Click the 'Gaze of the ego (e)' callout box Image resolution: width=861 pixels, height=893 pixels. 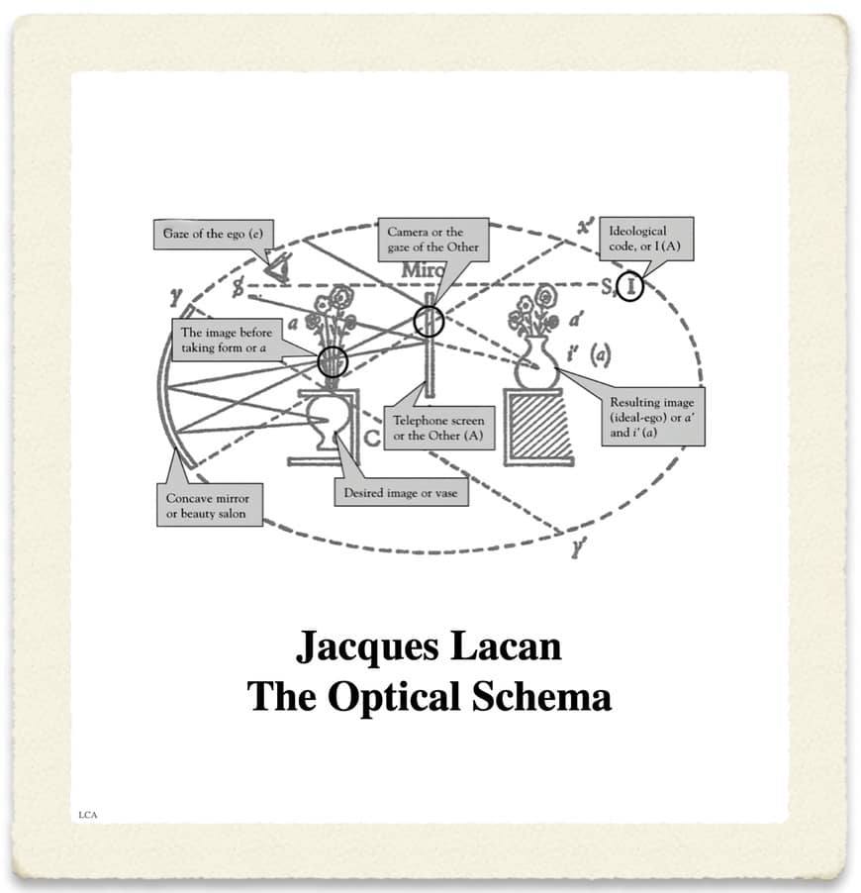pyautogui.click(x=218, y=236)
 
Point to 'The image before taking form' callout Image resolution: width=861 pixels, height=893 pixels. pyautogui.click(x=227, y=340)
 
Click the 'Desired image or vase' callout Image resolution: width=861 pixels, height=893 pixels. pyautogui.click(x=400, y=492)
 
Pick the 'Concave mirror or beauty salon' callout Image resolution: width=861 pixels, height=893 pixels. pyautogui.click(x=210, y=505)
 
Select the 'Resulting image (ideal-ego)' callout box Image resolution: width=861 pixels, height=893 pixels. pyautogui.click(x=652, y=418)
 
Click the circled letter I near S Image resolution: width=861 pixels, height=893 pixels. pyautogui.click(x=630, y=287)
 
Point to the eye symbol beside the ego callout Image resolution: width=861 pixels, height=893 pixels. pyautogui.click(x=278, y=265)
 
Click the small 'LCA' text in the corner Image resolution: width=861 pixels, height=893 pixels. pyautogui.click(x=88, y=815)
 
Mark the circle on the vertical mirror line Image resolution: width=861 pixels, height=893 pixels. pyautogui.click(x=429, y=321)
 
